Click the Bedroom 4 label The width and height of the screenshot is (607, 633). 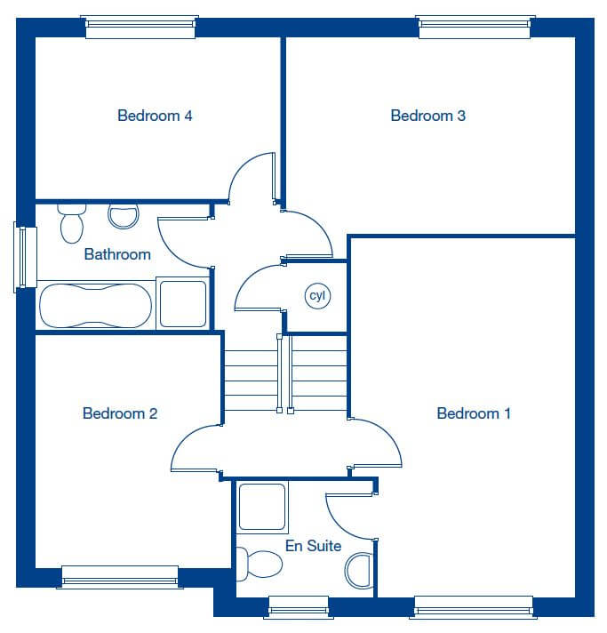click(155, 116)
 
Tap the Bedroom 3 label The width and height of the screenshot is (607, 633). click(427, 116)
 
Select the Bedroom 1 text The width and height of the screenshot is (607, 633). click(474, 413)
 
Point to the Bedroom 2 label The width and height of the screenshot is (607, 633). click(119, 413)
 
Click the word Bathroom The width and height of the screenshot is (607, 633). click(117, 254)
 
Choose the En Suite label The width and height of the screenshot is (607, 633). click(313, 546)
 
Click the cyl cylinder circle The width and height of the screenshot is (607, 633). click(317, 296)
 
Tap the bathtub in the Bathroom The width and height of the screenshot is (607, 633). click(96, 306)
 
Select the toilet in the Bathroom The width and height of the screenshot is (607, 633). click(72, 223)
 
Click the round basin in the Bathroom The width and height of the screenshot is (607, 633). click(124, 216)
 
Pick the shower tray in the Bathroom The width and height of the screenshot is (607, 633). click(183, 303)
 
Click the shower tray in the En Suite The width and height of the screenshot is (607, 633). click(262, 507)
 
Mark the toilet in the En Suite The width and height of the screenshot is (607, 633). click(260, 564)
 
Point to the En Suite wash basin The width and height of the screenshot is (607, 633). click(358, 571)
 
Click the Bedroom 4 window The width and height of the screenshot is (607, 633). click(140, 27)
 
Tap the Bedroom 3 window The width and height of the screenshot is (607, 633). click(475, 27)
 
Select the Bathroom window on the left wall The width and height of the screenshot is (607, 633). click(26, 257)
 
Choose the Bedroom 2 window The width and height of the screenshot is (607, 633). click(120, 577)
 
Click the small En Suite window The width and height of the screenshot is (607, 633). click(299, 607)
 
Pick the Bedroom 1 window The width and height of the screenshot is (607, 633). click(474, 607)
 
